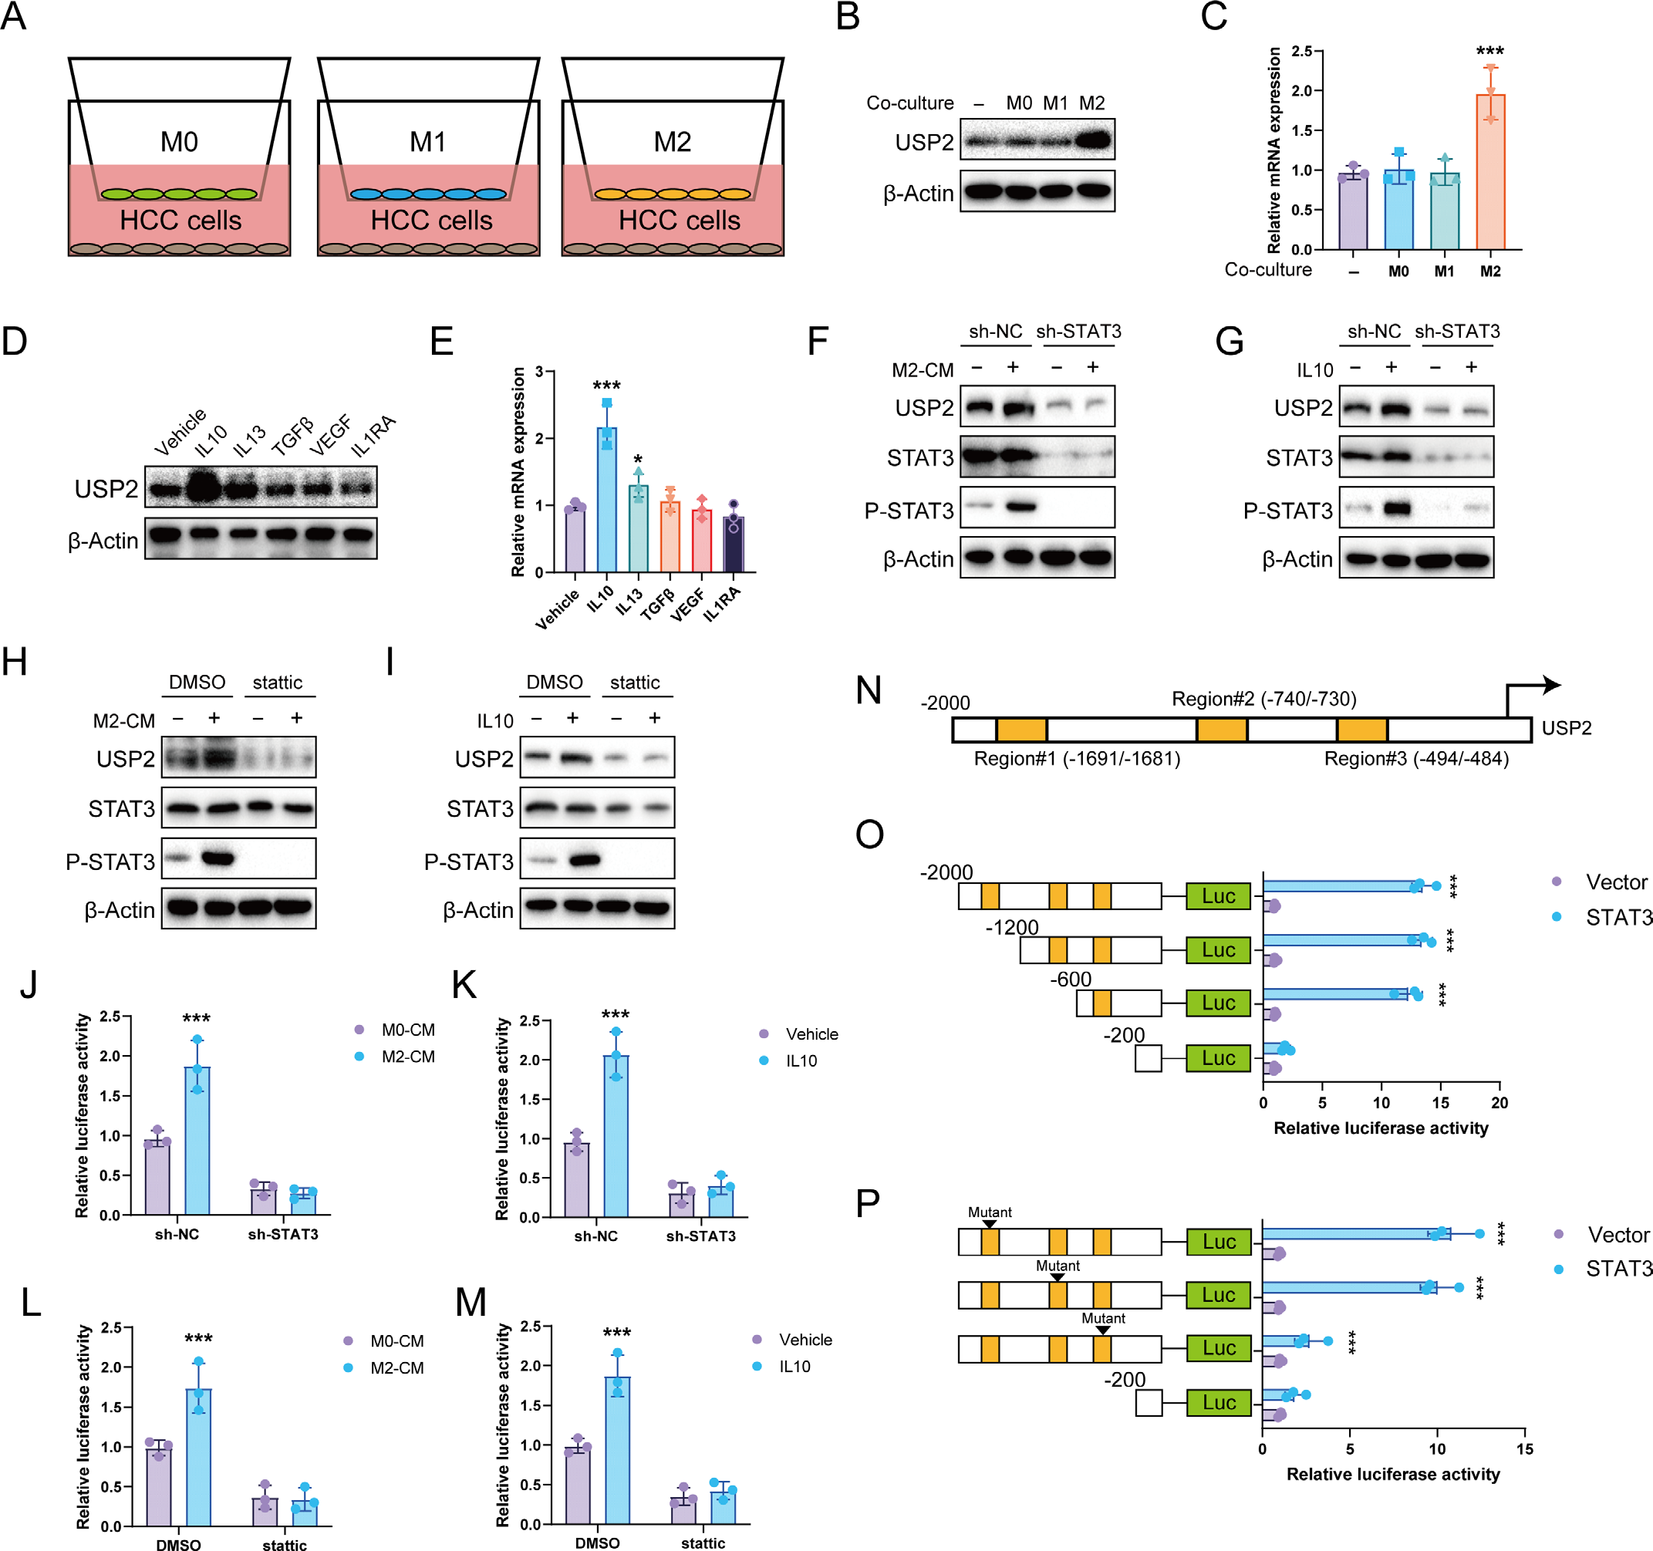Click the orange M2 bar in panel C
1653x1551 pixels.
[x=1490, y=171]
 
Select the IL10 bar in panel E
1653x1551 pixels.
[x=606, y=499]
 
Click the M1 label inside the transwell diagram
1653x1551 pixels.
[x=427, y=141]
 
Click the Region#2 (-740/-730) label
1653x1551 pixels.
[x=1264, y=699]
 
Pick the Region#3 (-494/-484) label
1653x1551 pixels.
[x=1416, y=759]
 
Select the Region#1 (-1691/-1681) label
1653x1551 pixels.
[x=1077, y=759]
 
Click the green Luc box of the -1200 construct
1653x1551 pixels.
[x=1218, y=950]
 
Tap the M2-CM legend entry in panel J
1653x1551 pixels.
[x=407, y=1057]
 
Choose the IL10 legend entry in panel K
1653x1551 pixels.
[x=801, y=1060]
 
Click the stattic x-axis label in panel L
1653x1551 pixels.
[x=285, y=1544]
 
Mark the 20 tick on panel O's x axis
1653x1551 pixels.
[x=1500, y=1103]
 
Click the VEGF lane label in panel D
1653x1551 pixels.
[x=331, y=436]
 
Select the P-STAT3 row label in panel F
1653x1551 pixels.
[x=909, y=511]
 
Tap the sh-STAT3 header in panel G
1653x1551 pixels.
[x=1457, y=332]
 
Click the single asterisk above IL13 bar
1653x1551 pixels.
[x=638, y=460]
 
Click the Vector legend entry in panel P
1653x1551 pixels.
[x=1618, y=1234]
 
